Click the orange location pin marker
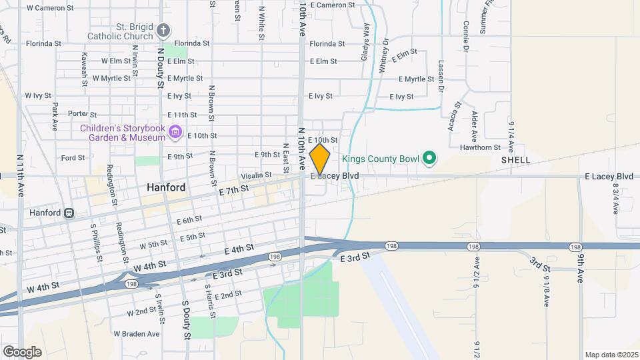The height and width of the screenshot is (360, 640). [x=320, y=159]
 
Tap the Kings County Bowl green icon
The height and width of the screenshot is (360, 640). [x=430, y=158]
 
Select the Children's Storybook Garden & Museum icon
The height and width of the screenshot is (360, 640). [x=175, y=132]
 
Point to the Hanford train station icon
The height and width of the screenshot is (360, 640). [x=68, y=213]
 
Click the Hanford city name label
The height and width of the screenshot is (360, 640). [x=166, y=188]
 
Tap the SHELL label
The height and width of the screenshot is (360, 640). [x=515, y=160]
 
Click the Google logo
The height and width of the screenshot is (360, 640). [x=22, y=352]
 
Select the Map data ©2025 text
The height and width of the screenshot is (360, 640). [x=611, y=355]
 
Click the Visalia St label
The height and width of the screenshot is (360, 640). [x=255, y=175]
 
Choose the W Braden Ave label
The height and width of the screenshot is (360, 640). [x=136, y=333]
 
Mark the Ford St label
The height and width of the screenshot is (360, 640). [x=73, y=158]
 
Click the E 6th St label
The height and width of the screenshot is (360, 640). [x=189, y=219]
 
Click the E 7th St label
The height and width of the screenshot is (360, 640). [x=233, y=190]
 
